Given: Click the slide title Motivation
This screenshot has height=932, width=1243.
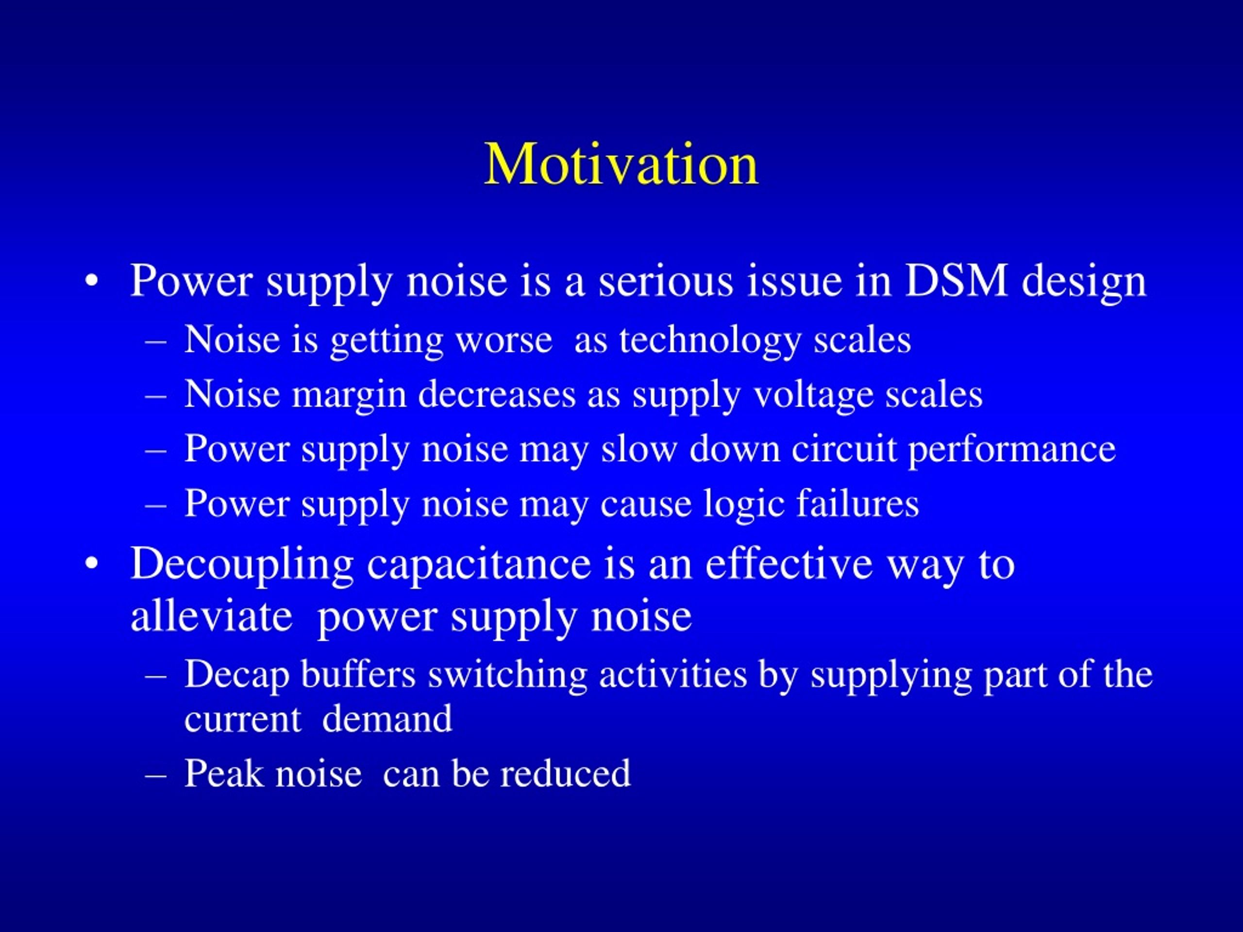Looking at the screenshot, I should [x=621, y=164].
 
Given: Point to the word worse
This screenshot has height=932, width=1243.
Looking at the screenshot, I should [x=504, y=340].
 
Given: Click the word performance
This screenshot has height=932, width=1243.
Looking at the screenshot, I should [x=1011, y=450].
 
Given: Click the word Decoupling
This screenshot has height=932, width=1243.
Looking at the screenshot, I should [x=242, y=564].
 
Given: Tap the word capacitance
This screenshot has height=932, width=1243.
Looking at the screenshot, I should [x=479, y=564].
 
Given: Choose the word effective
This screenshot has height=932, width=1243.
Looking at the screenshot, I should [x=789, y=563].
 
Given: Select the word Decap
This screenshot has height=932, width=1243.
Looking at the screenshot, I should [x=236, y=675].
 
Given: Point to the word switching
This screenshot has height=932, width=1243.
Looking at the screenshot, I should [x=507, y=675].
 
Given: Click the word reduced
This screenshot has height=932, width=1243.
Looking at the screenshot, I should [x=565, y=774].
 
